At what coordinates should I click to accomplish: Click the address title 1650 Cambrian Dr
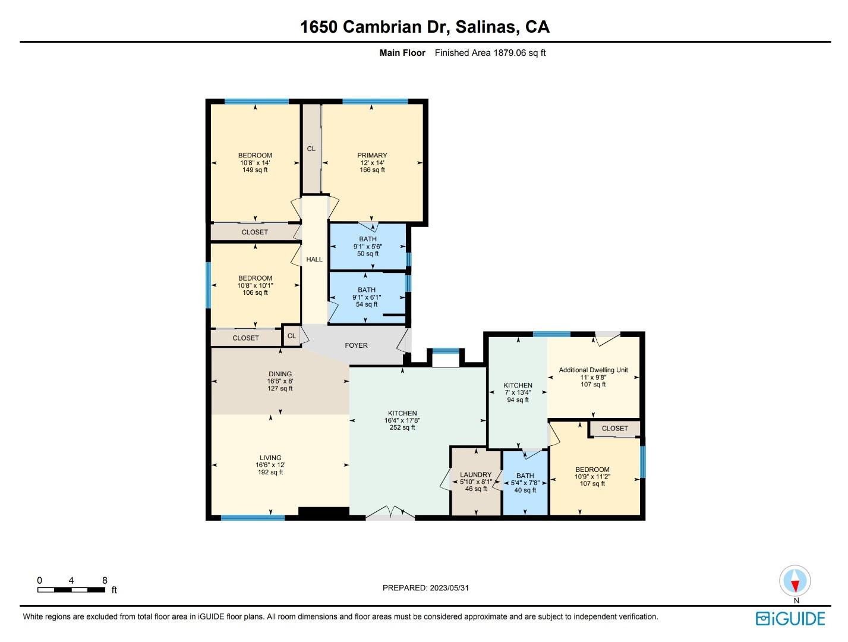coord(424,27)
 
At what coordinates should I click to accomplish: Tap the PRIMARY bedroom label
coord(372,156)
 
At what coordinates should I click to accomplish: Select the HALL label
coord(314,259)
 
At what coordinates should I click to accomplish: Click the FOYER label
coord(356,345)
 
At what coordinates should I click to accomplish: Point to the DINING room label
coord(280,374)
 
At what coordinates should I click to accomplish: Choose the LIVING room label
coord(270,458)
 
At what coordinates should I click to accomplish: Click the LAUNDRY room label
coord(476,475)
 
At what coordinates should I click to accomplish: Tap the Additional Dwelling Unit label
coord(593,370)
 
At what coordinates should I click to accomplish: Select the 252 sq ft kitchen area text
coord(402,427)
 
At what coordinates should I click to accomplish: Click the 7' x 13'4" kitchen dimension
coord(518,392)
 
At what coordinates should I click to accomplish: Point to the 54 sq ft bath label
coord(367,304)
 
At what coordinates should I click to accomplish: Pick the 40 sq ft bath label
coord(525,490)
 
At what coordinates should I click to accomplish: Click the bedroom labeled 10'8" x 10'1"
coord(255,285)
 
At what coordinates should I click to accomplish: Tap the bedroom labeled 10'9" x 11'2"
coord(592,476)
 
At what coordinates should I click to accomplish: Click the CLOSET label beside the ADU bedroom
coord(614,429)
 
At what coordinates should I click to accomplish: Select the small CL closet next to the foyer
coord(291,336)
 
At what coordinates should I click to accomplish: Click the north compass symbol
coord(795,581)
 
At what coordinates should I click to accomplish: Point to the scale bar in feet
coord(71,590)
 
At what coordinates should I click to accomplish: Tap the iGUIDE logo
coord(790,619)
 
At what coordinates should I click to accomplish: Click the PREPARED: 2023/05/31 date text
coord(425,588)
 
